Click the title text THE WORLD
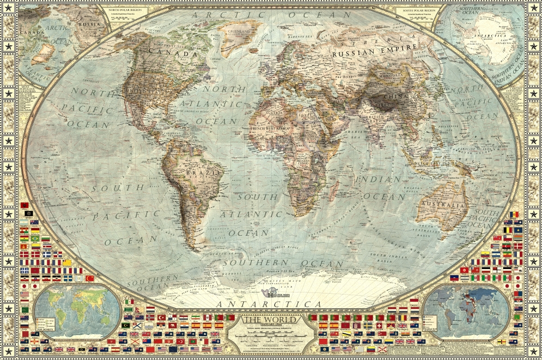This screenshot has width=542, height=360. (x=271, y=320)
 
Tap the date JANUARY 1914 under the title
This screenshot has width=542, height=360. (x=271, y=325)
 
